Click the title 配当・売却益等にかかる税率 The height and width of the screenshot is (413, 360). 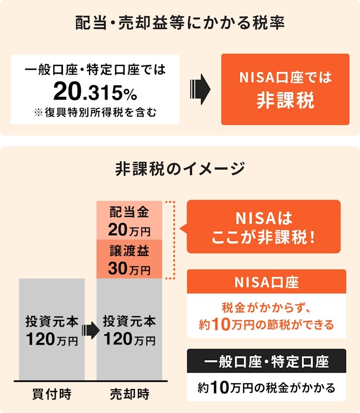pyautogui.click(x=180, y=23)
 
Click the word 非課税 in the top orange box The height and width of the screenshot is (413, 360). pyautogui.click(x=285, y=101)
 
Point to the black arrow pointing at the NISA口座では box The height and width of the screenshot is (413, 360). pyautogui.click(x=200, y=89)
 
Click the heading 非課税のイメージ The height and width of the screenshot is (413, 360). pyautogui.click(x=180, y=169)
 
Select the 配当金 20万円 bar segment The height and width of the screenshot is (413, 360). pyautogui.click(x=130, y=220)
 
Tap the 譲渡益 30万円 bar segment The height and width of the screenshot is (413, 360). pyautogui.click(x=130, y=260)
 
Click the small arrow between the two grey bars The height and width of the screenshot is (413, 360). pyautogui.click(x=90, y=330)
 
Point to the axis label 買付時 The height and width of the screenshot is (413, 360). pyautogui.click(x=52, y=395)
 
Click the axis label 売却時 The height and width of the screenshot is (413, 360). pyautogui.click(x=130, y=395)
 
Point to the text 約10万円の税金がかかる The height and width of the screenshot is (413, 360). pyautogui.click(x=266, y=388)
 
